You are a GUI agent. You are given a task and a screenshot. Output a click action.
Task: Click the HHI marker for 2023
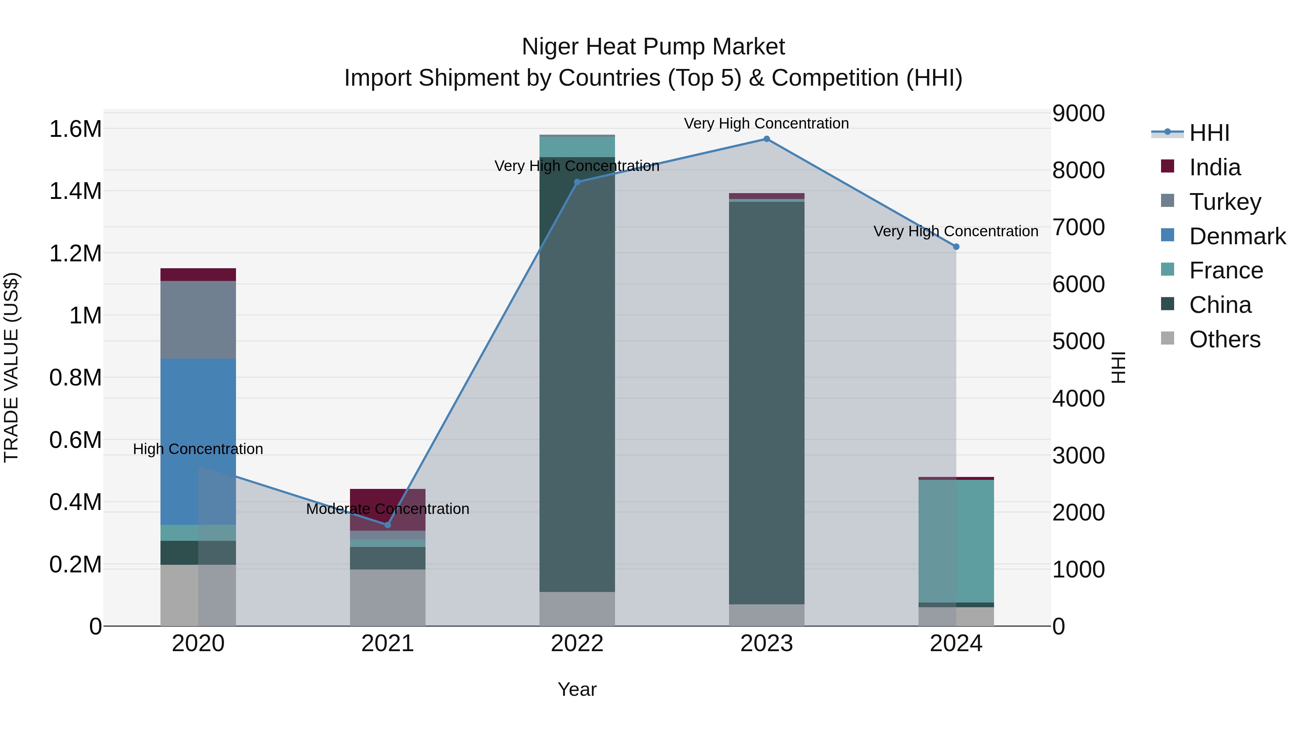766,139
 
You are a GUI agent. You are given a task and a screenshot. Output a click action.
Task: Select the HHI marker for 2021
388,525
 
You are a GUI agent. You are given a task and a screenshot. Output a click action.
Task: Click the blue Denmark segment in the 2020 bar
198,441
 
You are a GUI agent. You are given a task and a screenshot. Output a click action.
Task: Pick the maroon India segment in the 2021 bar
388,509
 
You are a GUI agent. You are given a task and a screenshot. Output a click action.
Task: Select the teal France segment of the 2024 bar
956,541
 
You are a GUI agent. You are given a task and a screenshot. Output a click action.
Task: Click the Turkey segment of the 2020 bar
198,319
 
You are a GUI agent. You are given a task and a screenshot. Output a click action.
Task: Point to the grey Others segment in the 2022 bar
577,609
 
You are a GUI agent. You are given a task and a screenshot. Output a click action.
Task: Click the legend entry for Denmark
1237,236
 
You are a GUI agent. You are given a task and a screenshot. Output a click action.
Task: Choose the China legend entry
1220,305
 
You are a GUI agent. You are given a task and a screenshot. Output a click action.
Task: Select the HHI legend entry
1209,133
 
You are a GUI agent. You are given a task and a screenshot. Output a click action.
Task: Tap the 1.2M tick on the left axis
75,253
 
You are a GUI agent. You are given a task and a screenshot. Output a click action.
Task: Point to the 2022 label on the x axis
577,643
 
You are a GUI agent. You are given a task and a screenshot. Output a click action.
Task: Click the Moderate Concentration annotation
388,509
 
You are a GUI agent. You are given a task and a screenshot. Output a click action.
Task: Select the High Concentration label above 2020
198,449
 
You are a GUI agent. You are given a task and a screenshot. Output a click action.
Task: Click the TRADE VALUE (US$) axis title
11,367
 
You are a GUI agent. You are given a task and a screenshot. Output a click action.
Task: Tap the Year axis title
577,689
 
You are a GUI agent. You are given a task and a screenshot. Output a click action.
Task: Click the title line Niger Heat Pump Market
653,47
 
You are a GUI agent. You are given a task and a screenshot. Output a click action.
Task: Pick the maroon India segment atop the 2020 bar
198,274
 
